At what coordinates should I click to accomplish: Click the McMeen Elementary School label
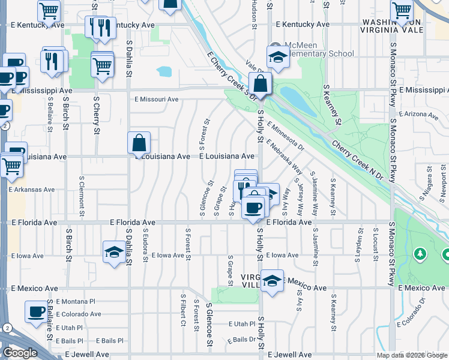point(318,49)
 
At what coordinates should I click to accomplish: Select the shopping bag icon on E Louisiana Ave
point(139,143)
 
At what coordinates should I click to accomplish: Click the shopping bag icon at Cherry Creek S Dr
point(261,83)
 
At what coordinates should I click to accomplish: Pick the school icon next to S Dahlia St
point(113,252)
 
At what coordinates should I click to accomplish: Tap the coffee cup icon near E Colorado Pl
point(36,312)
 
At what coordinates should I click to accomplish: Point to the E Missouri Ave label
point(157,100)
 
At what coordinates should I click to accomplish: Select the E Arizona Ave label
point(418,114)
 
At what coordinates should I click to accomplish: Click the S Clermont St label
point(82,191)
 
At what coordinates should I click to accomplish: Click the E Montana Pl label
point(76,301)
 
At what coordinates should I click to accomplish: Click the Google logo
point(20,353)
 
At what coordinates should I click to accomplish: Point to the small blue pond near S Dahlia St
point(163,73)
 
